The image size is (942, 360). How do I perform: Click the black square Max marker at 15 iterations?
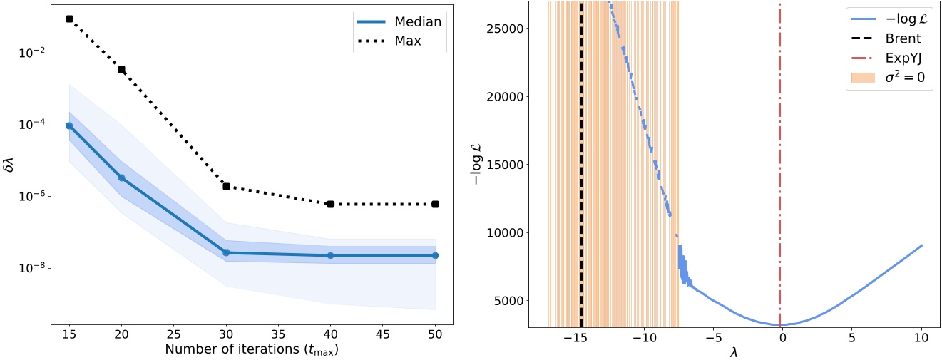coord(69,19)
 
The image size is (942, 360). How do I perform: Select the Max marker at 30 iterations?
coord(226,186)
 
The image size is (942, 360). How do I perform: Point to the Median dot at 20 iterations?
coord(121,178)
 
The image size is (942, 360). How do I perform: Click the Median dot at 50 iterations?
coord(435,255)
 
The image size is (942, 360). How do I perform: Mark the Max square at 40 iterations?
coord(331,204)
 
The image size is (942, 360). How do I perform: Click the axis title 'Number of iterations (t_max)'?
coord(252,350)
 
